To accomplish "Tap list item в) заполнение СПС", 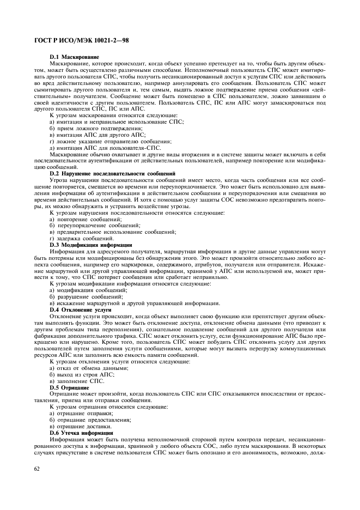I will pos(76,381).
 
